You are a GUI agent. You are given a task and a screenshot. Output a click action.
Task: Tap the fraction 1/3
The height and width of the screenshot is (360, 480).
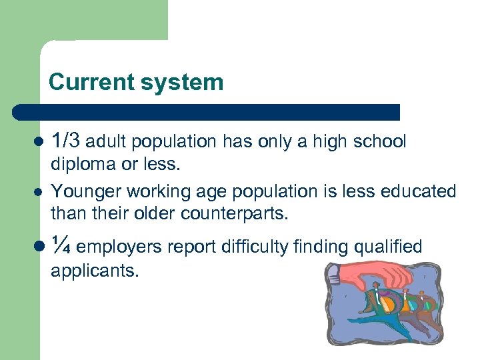67,141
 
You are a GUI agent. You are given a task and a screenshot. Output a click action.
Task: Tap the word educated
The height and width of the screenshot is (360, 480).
418,192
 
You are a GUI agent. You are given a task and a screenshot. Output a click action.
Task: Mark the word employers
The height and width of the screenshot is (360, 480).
120,248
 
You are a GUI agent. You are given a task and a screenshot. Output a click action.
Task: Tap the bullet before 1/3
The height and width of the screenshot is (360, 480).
38,143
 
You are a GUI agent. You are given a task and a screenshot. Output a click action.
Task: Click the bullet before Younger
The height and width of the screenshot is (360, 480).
38,192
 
